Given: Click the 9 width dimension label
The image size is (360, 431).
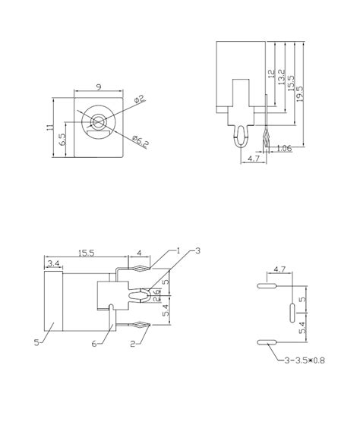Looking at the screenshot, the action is [x=99, y=87].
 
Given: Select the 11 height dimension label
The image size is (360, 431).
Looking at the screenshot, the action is [x=49, y=127].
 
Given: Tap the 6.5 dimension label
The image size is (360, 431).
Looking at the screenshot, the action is [x=62, y=140].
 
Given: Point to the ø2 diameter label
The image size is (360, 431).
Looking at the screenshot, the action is [x=140, y=99].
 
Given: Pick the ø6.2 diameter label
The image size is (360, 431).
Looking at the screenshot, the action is [x=141, y=142].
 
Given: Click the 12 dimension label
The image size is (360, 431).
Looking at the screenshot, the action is [x=271, y=74].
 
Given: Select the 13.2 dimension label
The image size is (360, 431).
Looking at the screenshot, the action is [x=281, y=77].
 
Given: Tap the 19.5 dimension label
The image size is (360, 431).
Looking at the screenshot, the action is [x=300, y=94].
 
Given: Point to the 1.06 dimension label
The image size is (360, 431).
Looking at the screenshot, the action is [x=284, y=148].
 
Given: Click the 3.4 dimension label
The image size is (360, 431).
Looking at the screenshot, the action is [x=53, y=263].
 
